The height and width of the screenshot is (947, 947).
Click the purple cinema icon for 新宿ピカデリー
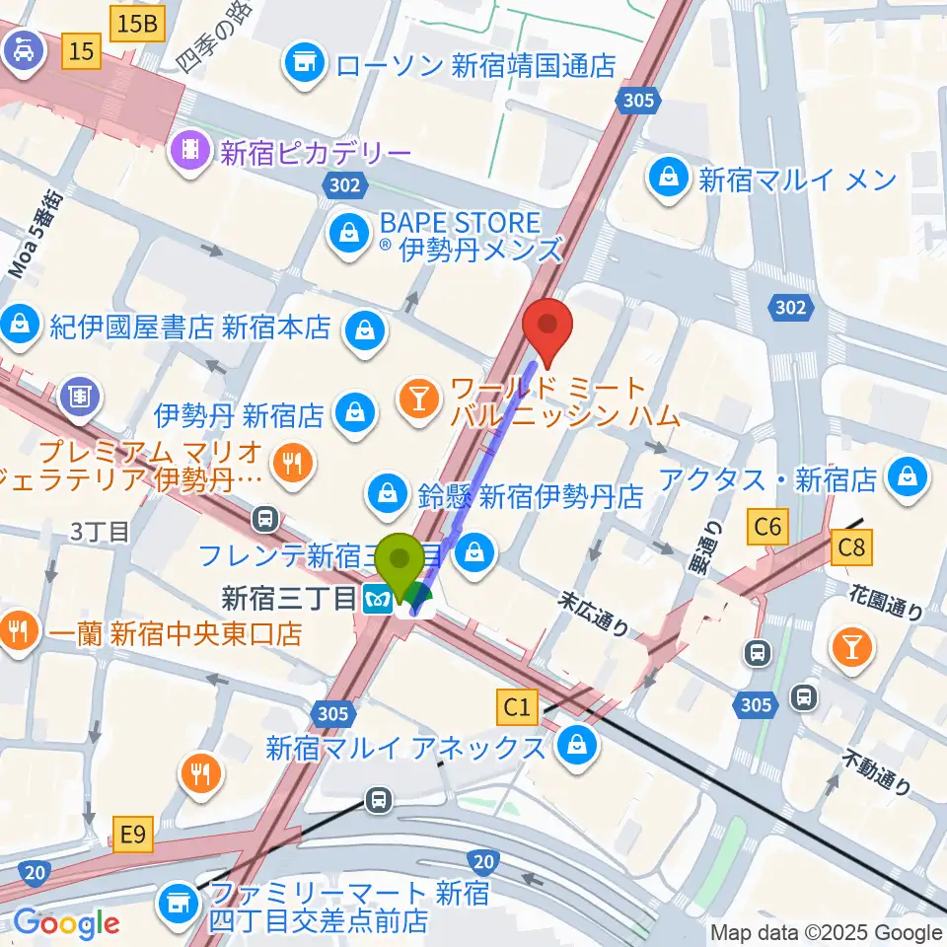190,151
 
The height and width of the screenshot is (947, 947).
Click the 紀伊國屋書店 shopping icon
19,323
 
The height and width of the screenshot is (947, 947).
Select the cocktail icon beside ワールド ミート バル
419,400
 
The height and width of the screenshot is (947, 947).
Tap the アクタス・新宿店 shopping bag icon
904,479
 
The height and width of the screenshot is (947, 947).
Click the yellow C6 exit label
768,528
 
